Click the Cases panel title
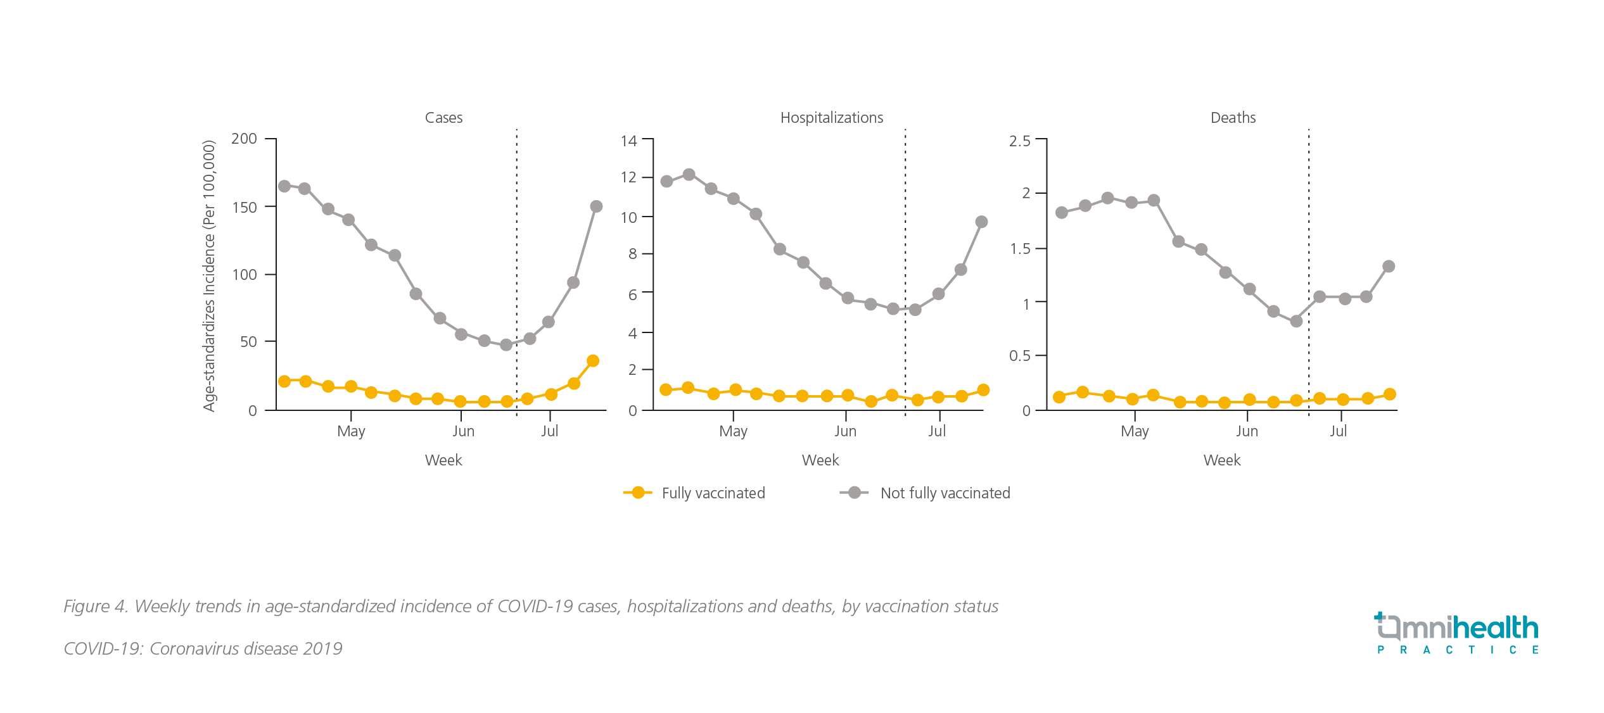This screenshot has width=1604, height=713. [x=443, y=118]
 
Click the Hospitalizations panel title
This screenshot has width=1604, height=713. [x=831, y=118]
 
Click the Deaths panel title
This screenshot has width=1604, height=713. [x=1233, y=118]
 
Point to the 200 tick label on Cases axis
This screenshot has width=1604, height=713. [x=244, y=139]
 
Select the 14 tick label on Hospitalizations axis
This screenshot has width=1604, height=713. [x=628, y=141]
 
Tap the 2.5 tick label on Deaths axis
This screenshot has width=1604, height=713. [x=1019, y=141]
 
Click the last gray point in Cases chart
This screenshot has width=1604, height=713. [x=596, y=206]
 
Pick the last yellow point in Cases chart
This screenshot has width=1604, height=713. [x=593, y=361]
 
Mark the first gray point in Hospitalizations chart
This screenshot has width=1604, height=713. [x=666, y=182]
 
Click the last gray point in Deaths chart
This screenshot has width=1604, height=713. [x=1389, y=267]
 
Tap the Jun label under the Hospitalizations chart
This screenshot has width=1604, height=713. [x=845, y=431]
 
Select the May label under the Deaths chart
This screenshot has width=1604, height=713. [x=1134, y=431]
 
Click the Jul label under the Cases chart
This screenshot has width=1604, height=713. [x=549, y=431]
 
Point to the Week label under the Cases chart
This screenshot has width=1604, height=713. [x=443, y=460]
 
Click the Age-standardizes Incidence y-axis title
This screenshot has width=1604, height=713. [x=210, y=276]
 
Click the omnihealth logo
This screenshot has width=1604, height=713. [x=1456, y=633]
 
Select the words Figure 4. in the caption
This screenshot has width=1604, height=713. [x=96, y=607]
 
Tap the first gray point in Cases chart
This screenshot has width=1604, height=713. [x=284, y=186]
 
